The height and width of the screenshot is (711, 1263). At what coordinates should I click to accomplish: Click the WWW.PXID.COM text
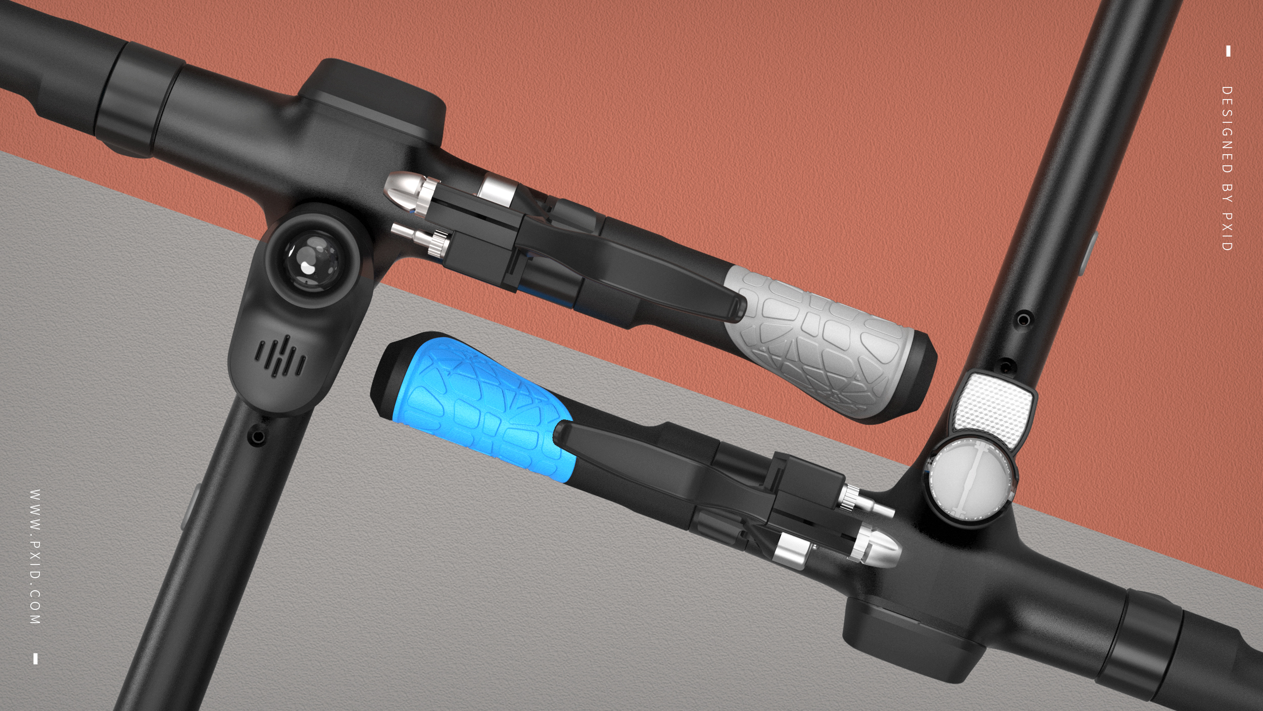pyautogui.click(x=35, y=556)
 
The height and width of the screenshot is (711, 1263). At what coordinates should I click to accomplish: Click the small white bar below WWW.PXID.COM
pyautogui.click(x=35, y=658)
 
